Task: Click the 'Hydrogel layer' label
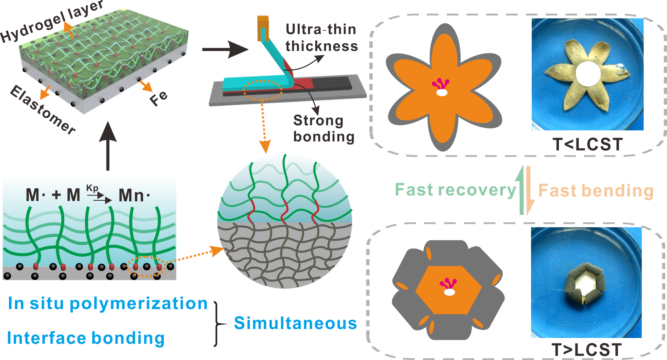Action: tap(52, 21)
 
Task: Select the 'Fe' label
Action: tap(159, 98)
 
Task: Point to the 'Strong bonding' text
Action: tap(324, 129)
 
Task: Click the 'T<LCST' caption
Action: tap(588, 144)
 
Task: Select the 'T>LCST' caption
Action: tap(586, 350)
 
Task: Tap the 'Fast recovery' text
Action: tap(455, 190)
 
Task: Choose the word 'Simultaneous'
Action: tap(295, 323)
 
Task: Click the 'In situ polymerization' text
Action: tap(108, 304)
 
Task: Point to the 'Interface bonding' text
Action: tap(86, 338)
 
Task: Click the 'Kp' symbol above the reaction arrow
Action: tap(92, 188)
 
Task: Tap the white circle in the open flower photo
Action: tap(588, 74)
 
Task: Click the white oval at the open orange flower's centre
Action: tap(442, 93)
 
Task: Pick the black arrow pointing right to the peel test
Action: tap(225, 50)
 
